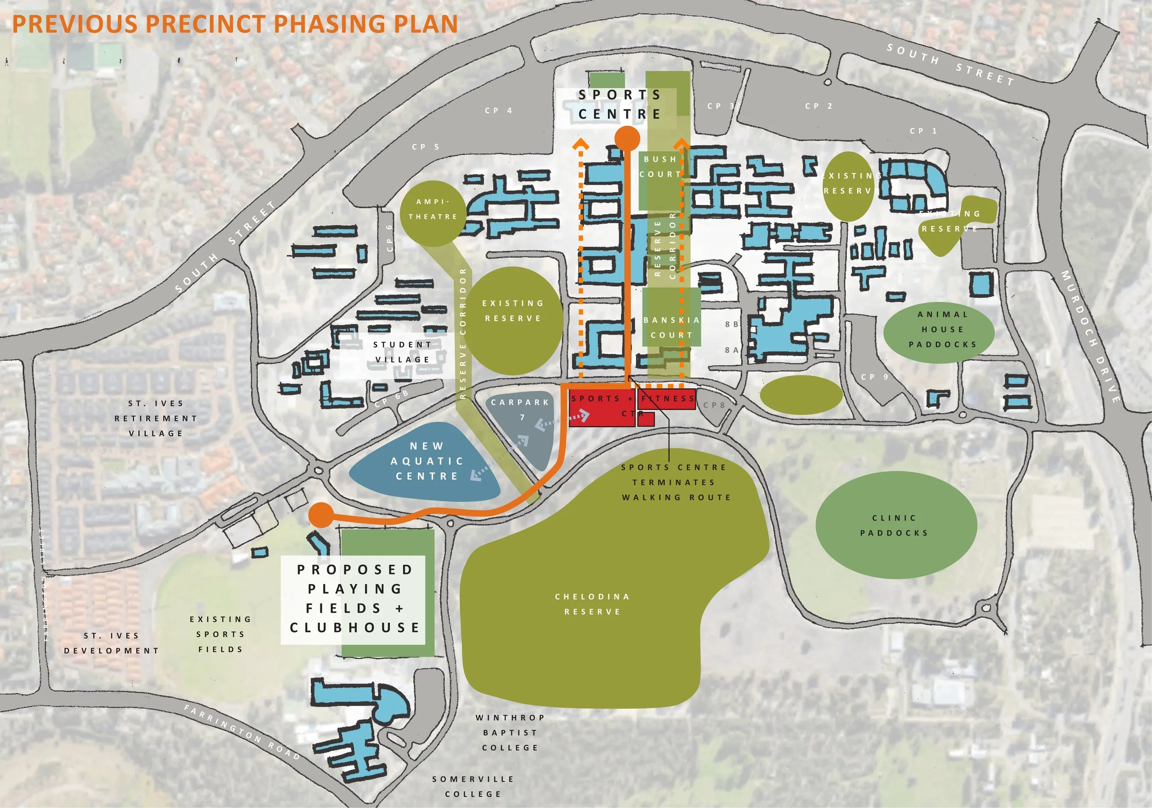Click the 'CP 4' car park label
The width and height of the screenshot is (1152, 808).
pos(498,111)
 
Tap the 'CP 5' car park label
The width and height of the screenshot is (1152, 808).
pos(425,147)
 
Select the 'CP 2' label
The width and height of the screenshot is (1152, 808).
pos(818,106)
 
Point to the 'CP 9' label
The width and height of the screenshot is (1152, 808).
pos(875,377)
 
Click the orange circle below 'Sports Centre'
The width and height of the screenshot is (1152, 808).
pos(627,138)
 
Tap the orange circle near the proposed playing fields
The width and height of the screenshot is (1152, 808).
pos(321,515)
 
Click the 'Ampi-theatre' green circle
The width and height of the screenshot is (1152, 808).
pos(433,213)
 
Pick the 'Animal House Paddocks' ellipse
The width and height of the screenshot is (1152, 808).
pos(942,329)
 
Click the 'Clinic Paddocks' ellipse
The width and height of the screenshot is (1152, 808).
pos(896,525)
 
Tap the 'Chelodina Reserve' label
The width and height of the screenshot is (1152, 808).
pos(592,604)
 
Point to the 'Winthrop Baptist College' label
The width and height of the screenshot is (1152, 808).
pos(510,733)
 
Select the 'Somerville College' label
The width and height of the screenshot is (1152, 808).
pos(473,786)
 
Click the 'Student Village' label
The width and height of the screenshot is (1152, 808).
pos(402,352)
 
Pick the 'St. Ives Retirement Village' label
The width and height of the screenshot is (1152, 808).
pos(156,418)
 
